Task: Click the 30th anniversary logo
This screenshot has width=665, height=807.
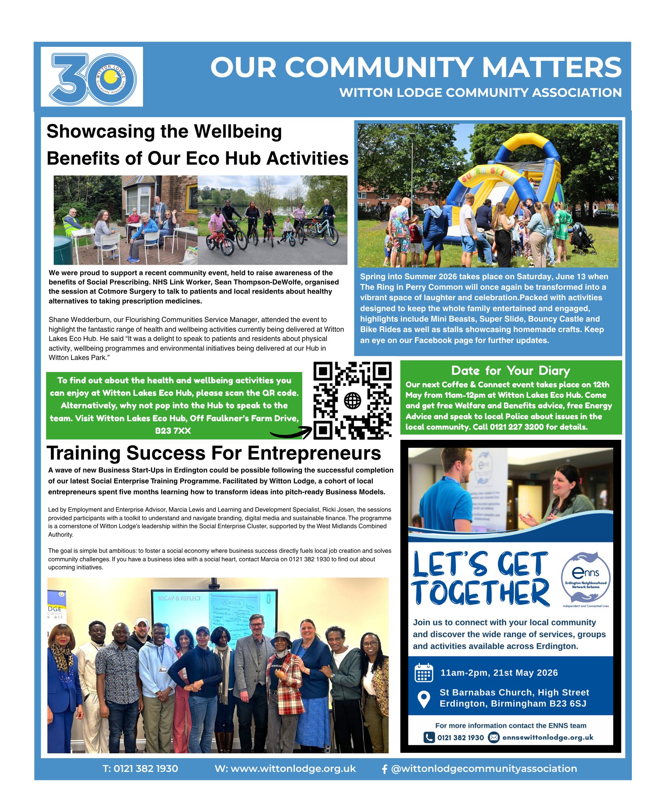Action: tap(92, 77)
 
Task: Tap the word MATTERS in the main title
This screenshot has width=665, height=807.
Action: tap(551, 67)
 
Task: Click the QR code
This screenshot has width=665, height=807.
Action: tap(352, 400)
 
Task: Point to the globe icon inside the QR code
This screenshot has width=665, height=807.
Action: tap(352, 401)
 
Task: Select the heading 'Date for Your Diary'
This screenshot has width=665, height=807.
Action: tap(511, 370)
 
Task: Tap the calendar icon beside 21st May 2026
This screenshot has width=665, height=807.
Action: tap(423, 672)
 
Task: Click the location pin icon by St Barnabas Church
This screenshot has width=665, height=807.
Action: tap(423, 699)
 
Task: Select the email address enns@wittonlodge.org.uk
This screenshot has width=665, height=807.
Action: tap(547, 737)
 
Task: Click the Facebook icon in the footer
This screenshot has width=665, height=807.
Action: tap(384, 769)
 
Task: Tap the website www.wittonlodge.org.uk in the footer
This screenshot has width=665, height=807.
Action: tap(285, 769)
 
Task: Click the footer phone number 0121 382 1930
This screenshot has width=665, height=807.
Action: tap(140, 769)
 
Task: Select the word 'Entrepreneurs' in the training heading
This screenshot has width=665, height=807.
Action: tap(314, 453)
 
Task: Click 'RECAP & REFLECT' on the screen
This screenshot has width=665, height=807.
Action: tap(179, 598)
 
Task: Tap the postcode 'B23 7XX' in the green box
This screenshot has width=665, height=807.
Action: tap(173, 431)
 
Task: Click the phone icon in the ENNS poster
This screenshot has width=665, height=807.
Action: tap(429, 737)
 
